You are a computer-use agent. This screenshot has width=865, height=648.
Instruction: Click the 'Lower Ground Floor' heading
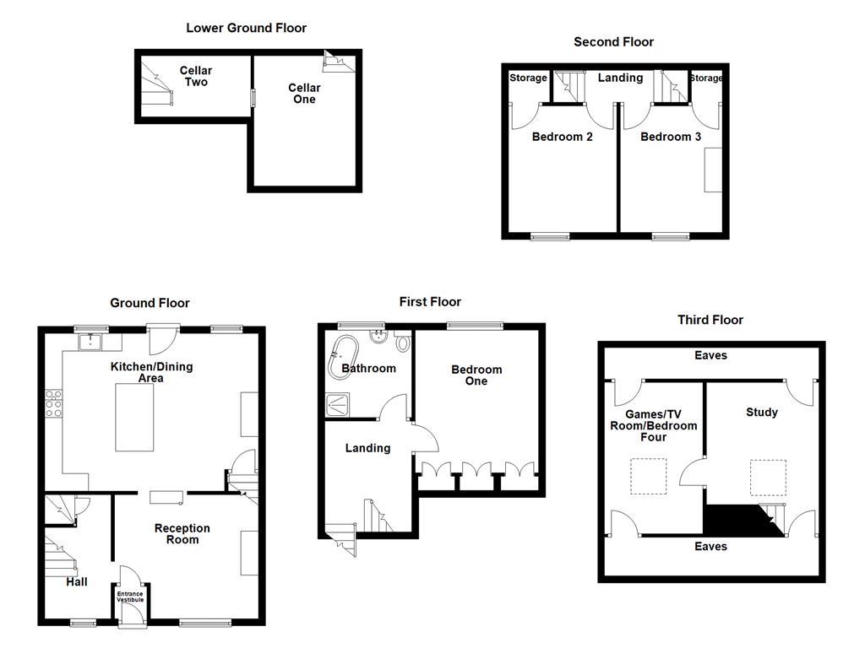tap(246, 28)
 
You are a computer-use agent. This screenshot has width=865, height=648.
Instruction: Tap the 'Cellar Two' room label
tap(195, 76)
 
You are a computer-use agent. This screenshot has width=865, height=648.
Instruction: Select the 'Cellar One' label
tap(304, 94)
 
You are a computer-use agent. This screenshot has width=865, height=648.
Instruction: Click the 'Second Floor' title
tap(613, 41)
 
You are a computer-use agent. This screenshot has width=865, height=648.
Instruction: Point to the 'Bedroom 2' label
tap(562, 137)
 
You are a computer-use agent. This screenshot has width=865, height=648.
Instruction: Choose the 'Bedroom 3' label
tap(671, 137)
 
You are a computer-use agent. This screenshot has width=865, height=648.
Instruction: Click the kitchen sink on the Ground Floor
tap(90, 342)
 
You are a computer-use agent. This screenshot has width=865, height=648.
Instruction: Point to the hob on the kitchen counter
tap(54, 403)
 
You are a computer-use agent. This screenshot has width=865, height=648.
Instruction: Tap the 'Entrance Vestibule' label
tap(130, 597)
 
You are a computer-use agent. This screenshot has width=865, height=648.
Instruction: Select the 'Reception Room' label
tap(182, 534)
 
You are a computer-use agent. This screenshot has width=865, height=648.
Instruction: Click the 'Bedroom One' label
tap(476, 375)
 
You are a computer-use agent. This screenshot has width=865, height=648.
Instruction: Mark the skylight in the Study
tap(768, 477)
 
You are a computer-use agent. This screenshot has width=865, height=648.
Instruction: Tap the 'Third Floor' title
tap(710, 320)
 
